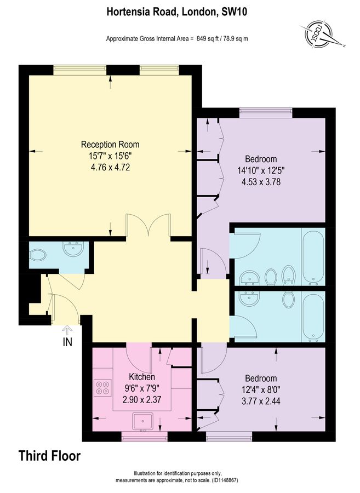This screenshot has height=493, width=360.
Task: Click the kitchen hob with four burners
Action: point(101,387)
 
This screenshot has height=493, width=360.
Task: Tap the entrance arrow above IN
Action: point(67,331)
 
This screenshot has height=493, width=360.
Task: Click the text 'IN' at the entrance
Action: point(67,343)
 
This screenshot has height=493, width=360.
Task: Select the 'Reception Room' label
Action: point(110,145)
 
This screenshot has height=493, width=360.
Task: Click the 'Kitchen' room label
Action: point(142,377)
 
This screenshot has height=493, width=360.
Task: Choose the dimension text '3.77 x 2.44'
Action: point(260,400)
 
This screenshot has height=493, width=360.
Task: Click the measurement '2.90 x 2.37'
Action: point(141,399)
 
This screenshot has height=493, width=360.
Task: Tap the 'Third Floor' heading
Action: point(49,455)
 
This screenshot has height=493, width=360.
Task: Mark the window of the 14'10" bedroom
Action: point(265,113)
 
